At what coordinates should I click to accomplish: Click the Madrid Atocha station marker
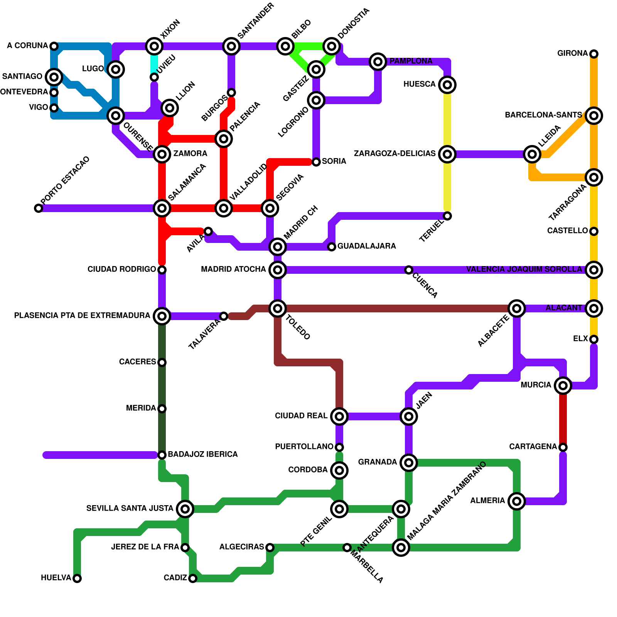tap(278, 270)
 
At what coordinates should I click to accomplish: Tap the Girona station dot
tap(594, 54)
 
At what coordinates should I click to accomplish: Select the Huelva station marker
tap(77, 578)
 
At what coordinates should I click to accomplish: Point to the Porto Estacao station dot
tap(39, 208)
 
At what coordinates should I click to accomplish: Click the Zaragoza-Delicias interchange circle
tap(447, 154)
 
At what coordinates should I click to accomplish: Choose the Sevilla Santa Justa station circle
tap(185, 509)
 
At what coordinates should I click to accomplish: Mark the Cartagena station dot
tap(563, 447)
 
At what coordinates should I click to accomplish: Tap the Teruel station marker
tap(447, 216)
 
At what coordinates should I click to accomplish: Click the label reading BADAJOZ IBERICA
tap(202, 454)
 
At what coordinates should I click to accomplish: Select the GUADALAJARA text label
tap(366, 246)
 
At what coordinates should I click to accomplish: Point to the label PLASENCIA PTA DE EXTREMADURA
tap(82, 315)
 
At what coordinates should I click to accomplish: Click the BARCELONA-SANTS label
tap(543, 115)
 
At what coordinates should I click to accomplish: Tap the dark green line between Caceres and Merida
tap(162, 386)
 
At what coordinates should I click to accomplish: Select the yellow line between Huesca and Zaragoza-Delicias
tap(447, 120)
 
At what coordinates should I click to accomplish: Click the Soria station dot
tap(316, 162)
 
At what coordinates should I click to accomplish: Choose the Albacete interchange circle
tap(517, 308)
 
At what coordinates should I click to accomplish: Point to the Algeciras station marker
tap(270, 547)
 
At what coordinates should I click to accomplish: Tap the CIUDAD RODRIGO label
tap(121, 269)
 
